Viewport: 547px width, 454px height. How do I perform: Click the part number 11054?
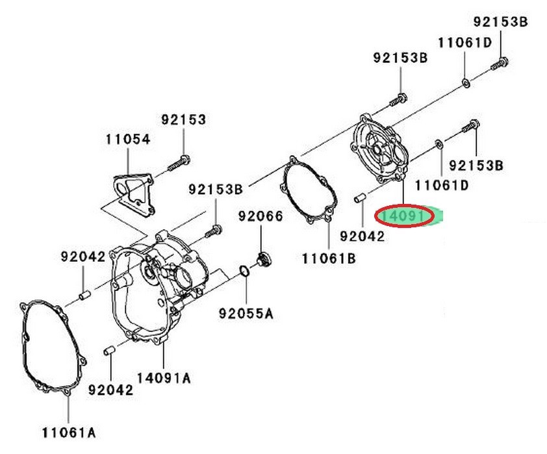point(128,139)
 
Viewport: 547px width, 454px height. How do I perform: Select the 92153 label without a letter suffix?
point(184,120)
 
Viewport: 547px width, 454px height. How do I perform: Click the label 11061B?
point(329,259)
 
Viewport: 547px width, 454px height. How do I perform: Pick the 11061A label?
point(70,431)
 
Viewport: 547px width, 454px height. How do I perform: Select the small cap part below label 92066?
point(264,260)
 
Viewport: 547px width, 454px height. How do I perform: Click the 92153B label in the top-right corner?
point(500,21)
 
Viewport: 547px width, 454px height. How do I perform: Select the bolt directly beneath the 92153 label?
point(179,162)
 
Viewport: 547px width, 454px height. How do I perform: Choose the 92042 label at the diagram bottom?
point(110,390)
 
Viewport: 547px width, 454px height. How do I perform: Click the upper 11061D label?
point(465,43)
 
